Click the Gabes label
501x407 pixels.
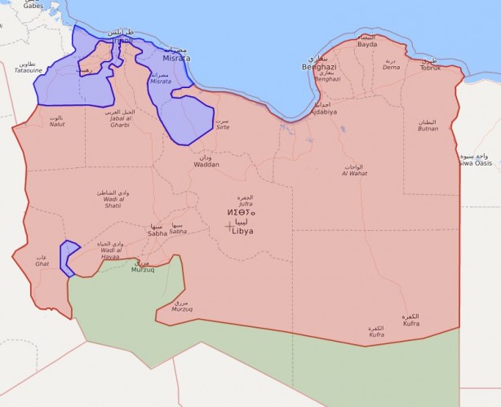click(x=33, y=5)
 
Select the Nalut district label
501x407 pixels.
click(x=57, y=124)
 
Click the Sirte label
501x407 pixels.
click(x=222, y=128)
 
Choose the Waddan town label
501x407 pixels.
click(x=206, y=164)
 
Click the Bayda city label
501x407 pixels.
click(x=367, y=44)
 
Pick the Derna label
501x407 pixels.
click(x=392, y=69)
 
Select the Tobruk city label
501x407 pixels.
click(x=430, y=68)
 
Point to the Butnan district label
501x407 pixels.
click(x=428, y=128)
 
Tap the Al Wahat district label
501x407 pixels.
click(x=354, y=173)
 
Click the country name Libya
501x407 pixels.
click(x=243, y=231)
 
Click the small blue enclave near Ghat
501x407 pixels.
click(x=69, y=254)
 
